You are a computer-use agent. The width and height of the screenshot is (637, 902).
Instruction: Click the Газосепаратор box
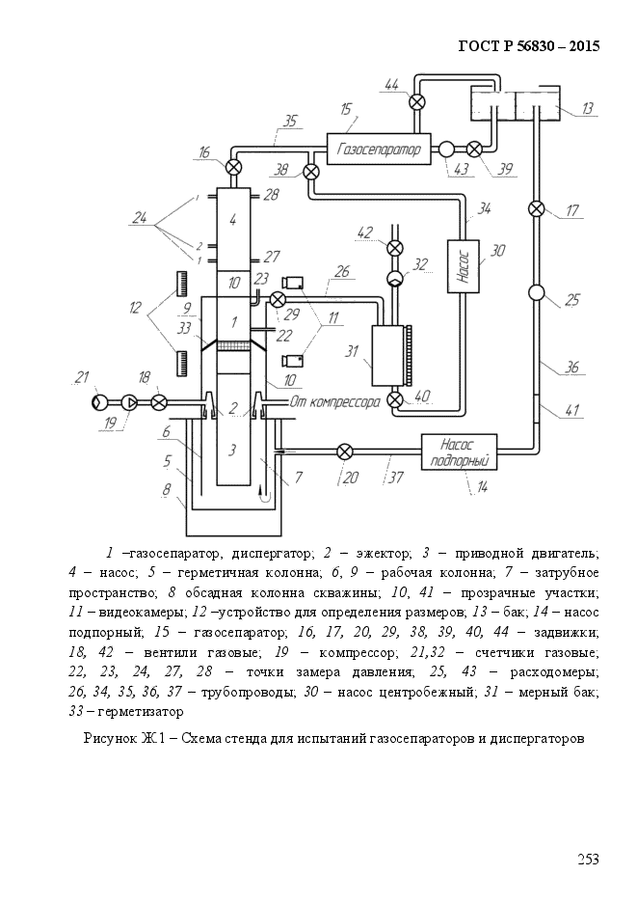click(379, 150)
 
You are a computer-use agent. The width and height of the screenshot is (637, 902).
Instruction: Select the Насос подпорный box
click(459, 452)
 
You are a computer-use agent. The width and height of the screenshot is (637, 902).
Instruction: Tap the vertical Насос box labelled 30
click(464, 266)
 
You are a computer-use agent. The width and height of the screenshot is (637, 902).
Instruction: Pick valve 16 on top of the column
click(233, 168)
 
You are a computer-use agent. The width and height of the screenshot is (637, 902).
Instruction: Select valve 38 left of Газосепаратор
click(311, 172)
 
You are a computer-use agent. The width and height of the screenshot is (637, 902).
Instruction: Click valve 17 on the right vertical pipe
click(537, 208)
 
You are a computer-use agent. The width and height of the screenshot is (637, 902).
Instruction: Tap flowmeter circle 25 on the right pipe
click(537, 293)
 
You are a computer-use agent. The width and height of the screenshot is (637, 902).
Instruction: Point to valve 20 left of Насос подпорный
click(345, 452)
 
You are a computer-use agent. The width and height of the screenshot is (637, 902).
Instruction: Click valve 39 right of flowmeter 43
click(474, 150)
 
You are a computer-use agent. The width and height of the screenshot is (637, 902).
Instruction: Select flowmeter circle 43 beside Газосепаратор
click(447, 150)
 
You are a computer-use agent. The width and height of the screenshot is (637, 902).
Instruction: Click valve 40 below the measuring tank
click(395, 399)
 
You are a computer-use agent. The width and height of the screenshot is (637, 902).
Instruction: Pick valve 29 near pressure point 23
click(278, 299)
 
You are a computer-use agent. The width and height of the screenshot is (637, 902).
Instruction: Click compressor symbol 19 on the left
click(130, 402)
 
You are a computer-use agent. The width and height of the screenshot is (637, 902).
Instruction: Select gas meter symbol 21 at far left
click(99, 402)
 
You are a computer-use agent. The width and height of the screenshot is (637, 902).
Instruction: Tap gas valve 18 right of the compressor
click(159, 402)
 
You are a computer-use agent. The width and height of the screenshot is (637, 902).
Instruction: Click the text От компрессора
click(335, 401)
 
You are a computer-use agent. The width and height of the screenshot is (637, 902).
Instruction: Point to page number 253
click(588, 860)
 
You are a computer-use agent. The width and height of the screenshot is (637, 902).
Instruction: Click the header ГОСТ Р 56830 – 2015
click(529, 46)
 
